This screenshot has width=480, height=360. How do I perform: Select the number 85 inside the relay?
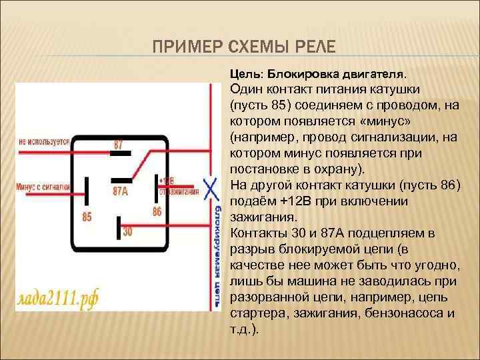[87, 216]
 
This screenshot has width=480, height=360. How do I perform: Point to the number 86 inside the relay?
[157, 212]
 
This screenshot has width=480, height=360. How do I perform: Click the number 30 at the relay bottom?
[127, 233]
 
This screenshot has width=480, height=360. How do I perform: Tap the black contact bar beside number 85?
[87, 190]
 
